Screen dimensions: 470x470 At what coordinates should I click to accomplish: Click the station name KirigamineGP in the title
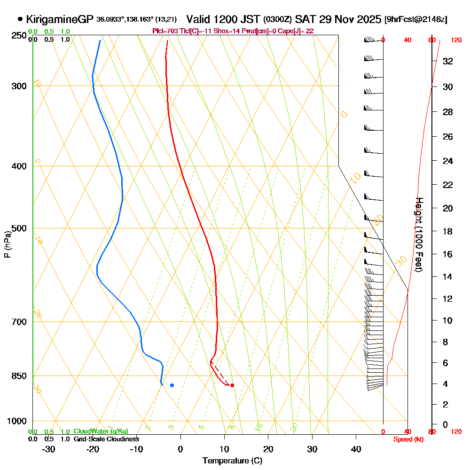click(60, 19)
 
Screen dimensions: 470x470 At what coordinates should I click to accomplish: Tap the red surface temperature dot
click(232, 385)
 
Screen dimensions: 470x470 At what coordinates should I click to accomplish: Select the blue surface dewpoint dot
click(172, 385)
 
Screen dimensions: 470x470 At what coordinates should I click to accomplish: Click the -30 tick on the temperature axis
click(49, 449)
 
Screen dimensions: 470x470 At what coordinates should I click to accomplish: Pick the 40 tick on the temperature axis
click(356, 449)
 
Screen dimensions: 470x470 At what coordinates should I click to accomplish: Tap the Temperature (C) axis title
click(232, 461)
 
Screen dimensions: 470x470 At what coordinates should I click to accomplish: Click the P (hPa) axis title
click(8, 244)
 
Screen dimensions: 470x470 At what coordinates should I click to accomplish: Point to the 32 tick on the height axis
click(447, 61)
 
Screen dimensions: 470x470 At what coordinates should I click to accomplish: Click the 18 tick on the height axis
click(447, 231)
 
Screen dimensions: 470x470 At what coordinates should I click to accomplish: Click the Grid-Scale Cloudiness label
click(106, 439)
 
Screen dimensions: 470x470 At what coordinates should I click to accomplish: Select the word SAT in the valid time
click(304, 19)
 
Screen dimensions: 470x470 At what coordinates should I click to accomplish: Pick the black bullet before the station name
click(20, 19)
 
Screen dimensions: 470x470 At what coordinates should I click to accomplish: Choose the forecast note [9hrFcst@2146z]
click(415, 20)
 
